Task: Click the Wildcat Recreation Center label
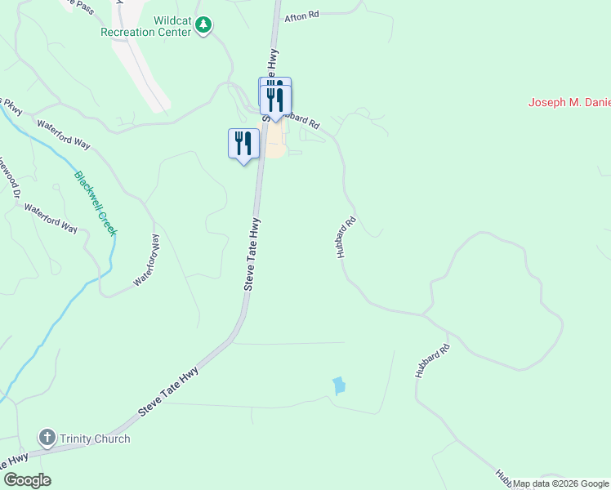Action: pos(145,26)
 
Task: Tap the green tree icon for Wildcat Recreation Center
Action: pos(203,27)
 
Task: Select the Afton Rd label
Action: pos(301,17)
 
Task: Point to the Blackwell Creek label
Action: pos(96,203)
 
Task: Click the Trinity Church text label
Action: pos(95,439)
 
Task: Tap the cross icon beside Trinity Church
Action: pos(47,439)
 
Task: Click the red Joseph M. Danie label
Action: pos(569,103)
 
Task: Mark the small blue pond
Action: pos(338,385)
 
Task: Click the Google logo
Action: pos(27,480)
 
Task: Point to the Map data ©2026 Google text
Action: pos(560,483)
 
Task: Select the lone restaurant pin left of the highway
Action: pos(243,144)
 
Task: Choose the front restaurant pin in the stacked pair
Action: pos(276,100)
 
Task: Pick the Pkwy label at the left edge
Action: pos(11,105)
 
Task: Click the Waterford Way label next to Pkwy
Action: pos(64,133)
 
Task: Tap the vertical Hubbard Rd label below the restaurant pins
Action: pos(346,238)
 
